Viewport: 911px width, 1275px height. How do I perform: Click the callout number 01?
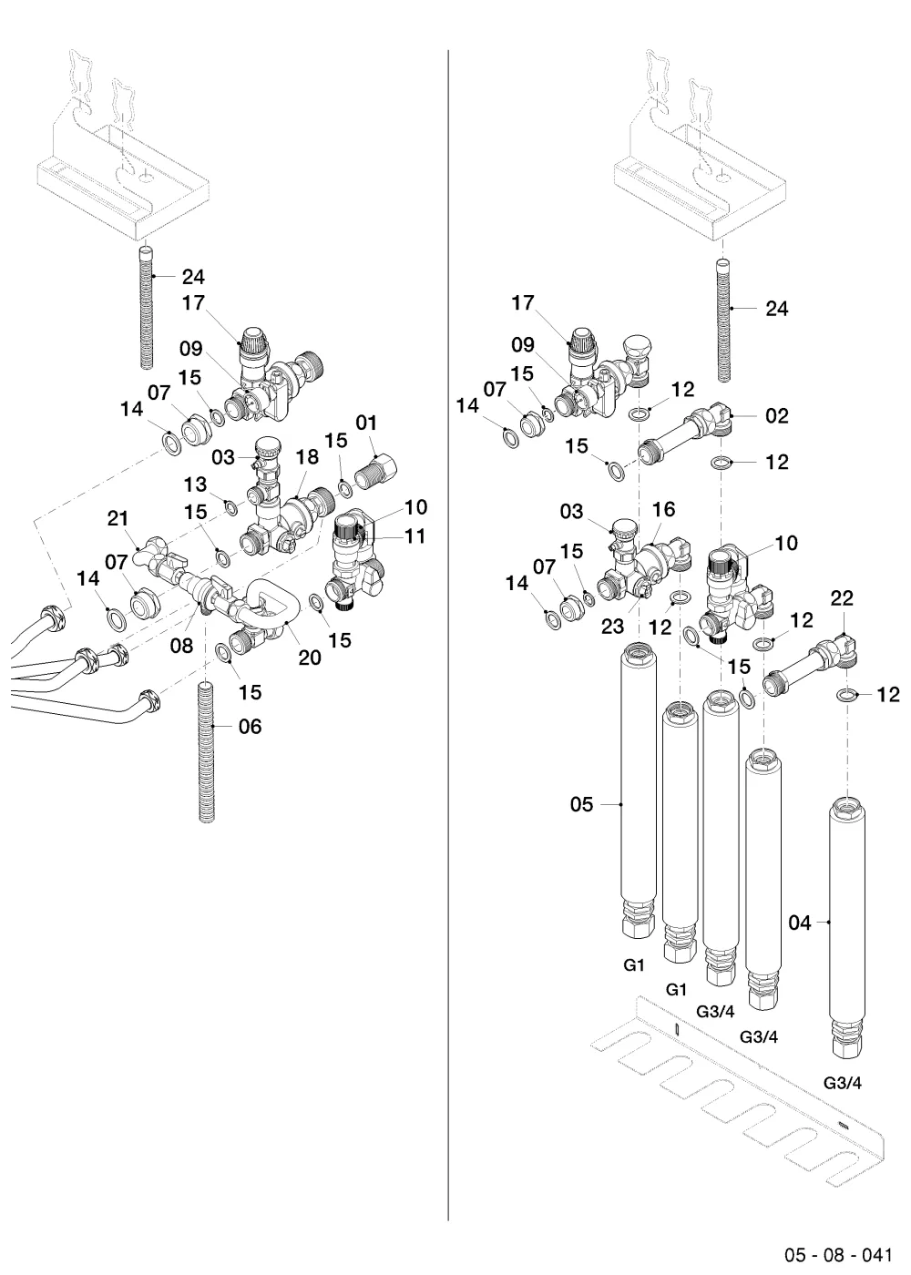point(366,423)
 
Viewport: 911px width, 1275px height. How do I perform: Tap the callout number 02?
point(776,416)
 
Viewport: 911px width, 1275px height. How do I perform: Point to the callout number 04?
point(800,923)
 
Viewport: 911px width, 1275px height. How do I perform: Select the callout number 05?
point(581,804)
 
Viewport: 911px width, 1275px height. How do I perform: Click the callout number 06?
point(250,727)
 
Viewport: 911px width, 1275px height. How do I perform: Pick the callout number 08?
point(181,646)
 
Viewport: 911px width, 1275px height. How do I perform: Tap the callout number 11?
point(415,536)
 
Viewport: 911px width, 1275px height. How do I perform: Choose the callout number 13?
point(195,484)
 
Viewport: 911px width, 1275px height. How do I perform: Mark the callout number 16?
point(663,509)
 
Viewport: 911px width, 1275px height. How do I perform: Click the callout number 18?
point(308,456)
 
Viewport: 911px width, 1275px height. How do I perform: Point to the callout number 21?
point(118,518)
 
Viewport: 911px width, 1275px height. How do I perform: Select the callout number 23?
point(612,627)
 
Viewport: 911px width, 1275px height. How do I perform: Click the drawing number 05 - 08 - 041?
point(838,1255)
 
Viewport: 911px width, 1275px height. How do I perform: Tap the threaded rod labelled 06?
point(207,751)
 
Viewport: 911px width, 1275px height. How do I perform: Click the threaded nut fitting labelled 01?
point(375,472)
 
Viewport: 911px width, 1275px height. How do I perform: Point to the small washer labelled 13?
point(231,508)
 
